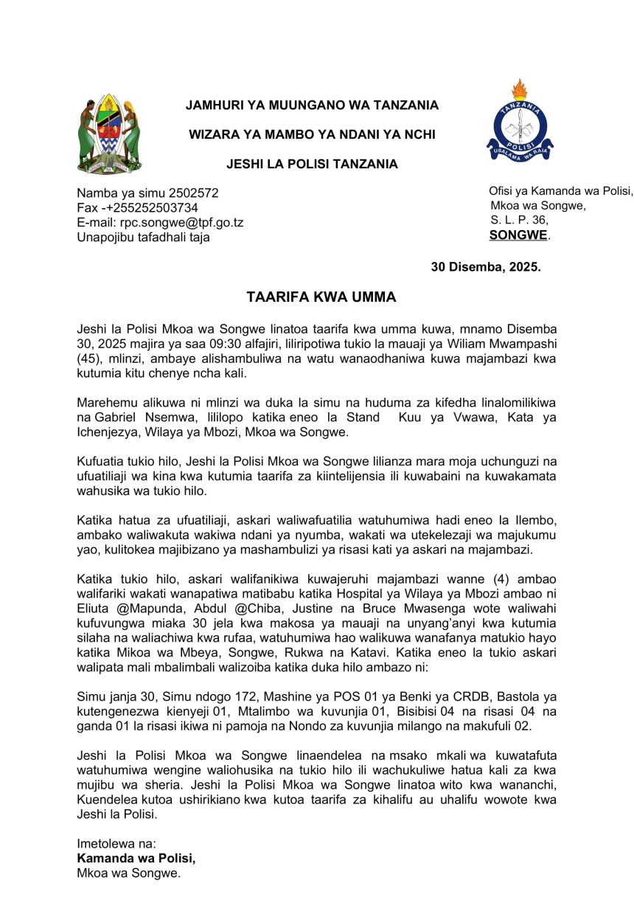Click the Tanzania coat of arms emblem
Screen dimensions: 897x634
pyautogui.click(x=109, y=134)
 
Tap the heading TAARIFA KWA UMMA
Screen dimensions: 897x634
pyautogui.click(x=321, y=297)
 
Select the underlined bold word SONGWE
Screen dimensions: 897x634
pyautogui.click(x=519, y=235)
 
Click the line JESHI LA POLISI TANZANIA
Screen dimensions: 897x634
pyautogui.click(x=312, y=164)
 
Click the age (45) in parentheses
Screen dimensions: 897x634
pyautogui.click(x=91, y=359)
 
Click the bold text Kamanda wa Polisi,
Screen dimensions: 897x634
pyautogui.click(x=136, y=859)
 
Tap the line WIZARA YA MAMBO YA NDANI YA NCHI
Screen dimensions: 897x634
pyautogui.click(x=312, y=134)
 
